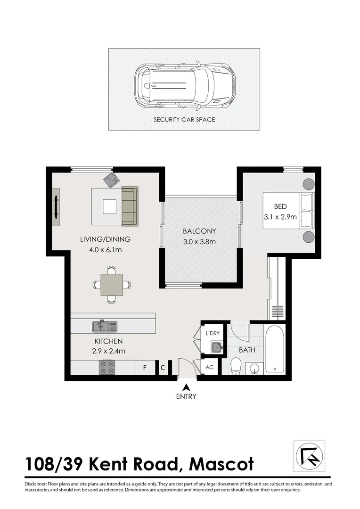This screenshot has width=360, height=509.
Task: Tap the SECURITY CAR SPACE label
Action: [184, 120]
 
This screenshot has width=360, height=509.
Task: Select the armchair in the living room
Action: [112, 179]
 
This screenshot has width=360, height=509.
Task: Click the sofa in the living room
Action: [130, 206]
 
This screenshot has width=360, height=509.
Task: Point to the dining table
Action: [112, 284]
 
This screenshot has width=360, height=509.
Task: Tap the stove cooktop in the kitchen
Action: [107, 368]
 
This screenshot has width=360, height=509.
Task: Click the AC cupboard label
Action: [210, 368]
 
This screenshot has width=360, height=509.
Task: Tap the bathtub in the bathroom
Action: [274, 348]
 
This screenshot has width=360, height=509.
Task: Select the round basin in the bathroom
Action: [254, 369]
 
